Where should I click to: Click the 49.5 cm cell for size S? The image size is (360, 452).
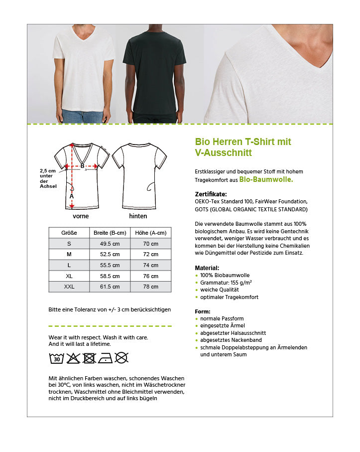click(x=110, y=244)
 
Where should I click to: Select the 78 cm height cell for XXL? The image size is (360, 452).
click(x=150, y=287)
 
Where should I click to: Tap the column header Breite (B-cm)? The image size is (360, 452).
click(x=110, y=233)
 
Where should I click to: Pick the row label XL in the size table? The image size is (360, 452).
click(x=69, y=276)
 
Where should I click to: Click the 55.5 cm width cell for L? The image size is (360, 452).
click(x=110, y=265)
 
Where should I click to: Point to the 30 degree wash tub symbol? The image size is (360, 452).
click(x=57, y=358)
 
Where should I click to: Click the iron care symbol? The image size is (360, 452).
click(x=106, y=358)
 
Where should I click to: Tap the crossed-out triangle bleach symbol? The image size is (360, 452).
click(x=73, y=358)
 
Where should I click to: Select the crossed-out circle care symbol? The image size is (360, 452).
click(x=121, y=358)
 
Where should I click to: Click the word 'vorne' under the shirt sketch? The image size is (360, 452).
click(x=81, y=216)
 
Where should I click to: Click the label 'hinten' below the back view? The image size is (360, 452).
click(x=138, y=216)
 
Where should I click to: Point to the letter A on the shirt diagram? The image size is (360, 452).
click(x=72, y=196)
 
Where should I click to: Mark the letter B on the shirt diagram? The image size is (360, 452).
click(x=82, y=166)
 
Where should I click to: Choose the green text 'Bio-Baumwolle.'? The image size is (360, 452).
click(x=266, y=179)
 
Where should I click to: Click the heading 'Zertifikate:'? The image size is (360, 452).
click(x=211, y=194)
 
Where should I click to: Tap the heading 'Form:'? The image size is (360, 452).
click(x=203, y=311)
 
